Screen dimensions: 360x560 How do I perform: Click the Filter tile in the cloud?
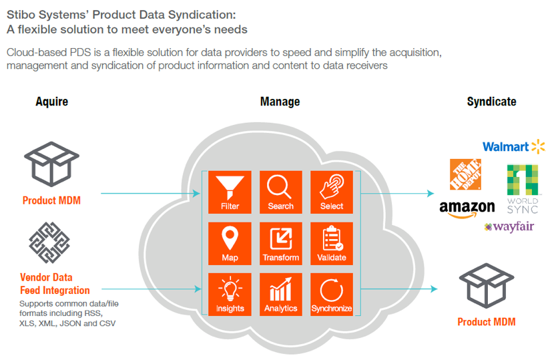point(230,192)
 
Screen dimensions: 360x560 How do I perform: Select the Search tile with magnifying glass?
point(280,192)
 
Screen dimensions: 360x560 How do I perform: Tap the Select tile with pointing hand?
point(332,192)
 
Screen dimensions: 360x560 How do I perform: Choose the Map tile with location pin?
point(230,243)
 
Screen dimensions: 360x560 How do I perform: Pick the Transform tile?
point(280,243)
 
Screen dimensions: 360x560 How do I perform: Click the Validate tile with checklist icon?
point(332,243)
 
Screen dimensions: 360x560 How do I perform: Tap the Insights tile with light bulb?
point(230,295)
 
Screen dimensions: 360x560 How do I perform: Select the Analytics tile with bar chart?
point(280,295)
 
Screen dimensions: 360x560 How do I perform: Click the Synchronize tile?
point(332,295)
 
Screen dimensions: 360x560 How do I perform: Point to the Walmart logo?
point(513,146)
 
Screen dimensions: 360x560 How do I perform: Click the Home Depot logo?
point(467,175)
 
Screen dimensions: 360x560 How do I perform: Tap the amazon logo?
point(467,209)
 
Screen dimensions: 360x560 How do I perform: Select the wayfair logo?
point(509,227)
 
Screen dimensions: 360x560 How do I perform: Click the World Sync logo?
point(522,188)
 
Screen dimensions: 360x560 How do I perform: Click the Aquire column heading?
point(51,102)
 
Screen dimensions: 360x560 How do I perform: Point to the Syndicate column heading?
point(491,102)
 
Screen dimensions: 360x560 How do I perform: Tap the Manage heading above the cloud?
point(280,102)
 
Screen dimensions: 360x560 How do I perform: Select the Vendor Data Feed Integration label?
point(55,284)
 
